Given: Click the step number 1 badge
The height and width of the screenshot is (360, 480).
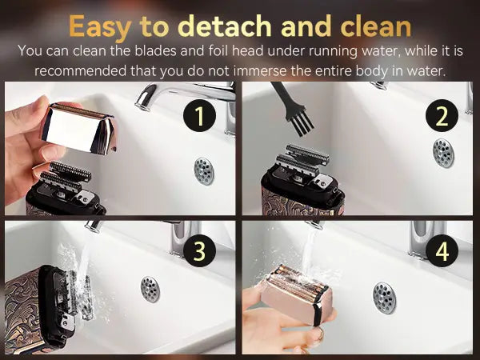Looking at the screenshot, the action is pyautogui.click(x=199, y=115).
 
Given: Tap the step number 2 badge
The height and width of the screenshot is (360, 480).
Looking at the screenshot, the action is pyautogui.click(x=442, y=115).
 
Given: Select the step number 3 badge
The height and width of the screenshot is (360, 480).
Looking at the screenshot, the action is pyautogui.click(x=199, y=250).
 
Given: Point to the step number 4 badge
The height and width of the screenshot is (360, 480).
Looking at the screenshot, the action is pyautogui.click(x=442, y=250).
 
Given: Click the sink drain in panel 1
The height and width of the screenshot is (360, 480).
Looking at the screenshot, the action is pyautogui.click(x=204, y=171).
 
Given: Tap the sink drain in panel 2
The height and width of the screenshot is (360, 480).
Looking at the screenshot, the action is pyautogui.click(x=443, y=153).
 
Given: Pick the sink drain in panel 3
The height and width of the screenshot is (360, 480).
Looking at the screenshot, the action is pyautogui.click(x=150, y=289).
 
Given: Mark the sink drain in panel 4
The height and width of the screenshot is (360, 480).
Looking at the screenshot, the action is pyautogui.click(x=384, y=298).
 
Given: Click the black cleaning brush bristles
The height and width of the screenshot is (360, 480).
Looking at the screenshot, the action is pyautogui.click(x=302, y=122).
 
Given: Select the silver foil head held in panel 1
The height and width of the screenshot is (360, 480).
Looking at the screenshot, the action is pyautogui.click(x=79, y=128).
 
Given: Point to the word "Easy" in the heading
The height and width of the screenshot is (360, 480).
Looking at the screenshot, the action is pyautogui.click(x=100, y=28).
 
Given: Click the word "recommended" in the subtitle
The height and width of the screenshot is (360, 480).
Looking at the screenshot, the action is pyautogui.click(x=81, y=71).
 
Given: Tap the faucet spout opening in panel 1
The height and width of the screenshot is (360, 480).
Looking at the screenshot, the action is pyautogui.click(x=142, y=106).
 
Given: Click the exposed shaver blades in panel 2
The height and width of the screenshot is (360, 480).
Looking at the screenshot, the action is pyautogui.click(x=302, y=159).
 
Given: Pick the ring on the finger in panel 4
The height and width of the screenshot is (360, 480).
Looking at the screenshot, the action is pyautogui.click(x=320, y=334).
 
